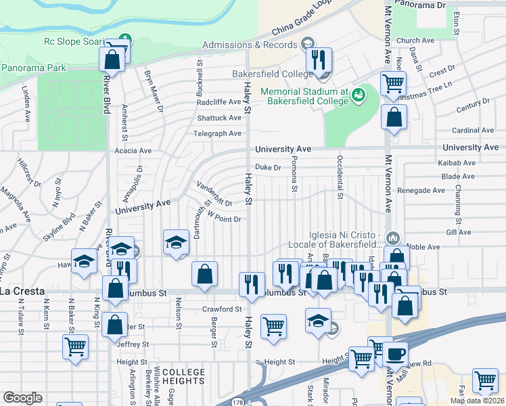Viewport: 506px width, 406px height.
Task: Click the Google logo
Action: pos(22,398)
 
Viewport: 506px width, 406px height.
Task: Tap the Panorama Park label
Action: pos(33,68)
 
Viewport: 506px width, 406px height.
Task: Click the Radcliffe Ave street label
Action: pos(218,102)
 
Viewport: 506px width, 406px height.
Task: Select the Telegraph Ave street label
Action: pos(217,133)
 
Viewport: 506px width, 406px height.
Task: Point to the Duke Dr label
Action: pos(268,167)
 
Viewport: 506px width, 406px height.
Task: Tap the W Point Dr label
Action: pos(224,218)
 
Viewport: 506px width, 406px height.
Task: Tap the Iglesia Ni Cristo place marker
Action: pos(394,237)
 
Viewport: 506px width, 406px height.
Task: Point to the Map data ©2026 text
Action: pos(477,401)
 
